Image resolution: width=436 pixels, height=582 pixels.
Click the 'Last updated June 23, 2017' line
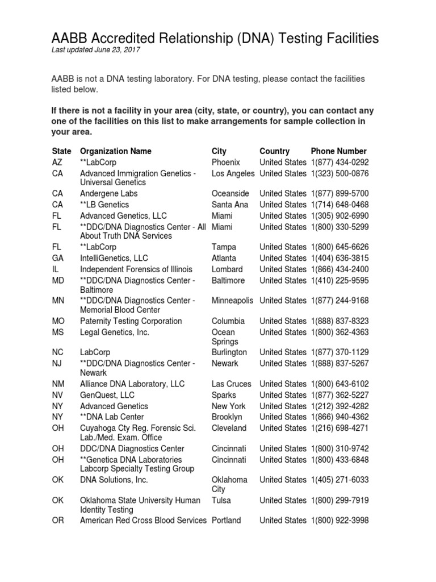click(x=96, y=50)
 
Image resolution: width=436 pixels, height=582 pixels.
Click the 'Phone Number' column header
click(x=338, y=151)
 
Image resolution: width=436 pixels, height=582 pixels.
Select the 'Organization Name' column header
click(x=116, y=151)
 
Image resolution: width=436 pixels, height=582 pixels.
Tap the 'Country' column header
click(x=274, y=151)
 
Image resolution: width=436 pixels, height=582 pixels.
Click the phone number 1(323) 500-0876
click(x=339, y=173)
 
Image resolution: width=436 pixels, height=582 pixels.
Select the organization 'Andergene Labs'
click(x=108, y=193)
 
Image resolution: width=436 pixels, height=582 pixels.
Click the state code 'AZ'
click(x=57, y=162)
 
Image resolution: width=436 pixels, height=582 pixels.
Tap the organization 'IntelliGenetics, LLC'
click(x=114, y=258)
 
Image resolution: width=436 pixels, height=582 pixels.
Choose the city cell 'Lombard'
click(x=227, y=269)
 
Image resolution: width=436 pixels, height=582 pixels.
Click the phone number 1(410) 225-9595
click(x=339, y=280)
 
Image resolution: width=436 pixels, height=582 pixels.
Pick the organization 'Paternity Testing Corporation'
click(x=131, y=321)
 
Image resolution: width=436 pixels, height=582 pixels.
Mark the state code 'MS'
click(x=58, y=332)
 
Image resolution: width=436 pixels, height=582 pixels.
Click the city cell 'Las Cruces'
click(x=231, y=384)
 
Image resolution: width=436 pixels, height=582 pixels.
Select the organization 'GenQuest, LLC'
click(x=107, y=395)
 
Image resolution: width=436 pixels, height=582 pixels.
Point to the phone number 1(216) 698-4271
click(x=339, y=428)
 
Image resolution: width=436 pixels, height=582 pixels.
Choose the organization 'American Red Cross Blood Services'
click(x=143, y=520)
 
